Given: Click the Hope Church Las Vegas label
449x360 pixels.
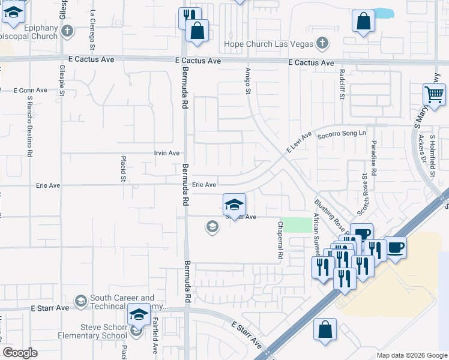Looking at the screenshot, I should coord(268,44).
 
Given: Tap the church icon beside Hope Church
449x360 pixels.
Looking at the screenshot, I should coord(323,43).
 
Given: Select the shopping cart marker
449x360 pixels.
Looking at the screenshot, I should coord(434,94).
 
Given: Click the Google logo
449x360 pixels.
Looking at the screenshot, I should coord(20,353).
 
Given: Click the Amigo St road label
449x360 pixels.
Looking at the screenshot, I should coord(247,80).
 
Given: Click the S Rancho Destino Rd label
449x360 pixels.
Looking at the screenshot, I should coord(29,126).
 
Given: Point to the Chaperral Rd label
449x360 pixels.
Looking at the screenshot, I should coord(280,240).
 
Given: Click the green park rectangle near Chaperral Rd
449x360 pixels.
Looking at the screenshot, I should coord(297,225).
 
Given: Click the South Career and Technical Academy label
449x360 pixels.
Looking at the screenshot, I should coord(122,302).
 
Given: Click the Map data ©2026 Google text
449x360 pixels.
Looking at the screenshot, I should coord(411,355).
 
